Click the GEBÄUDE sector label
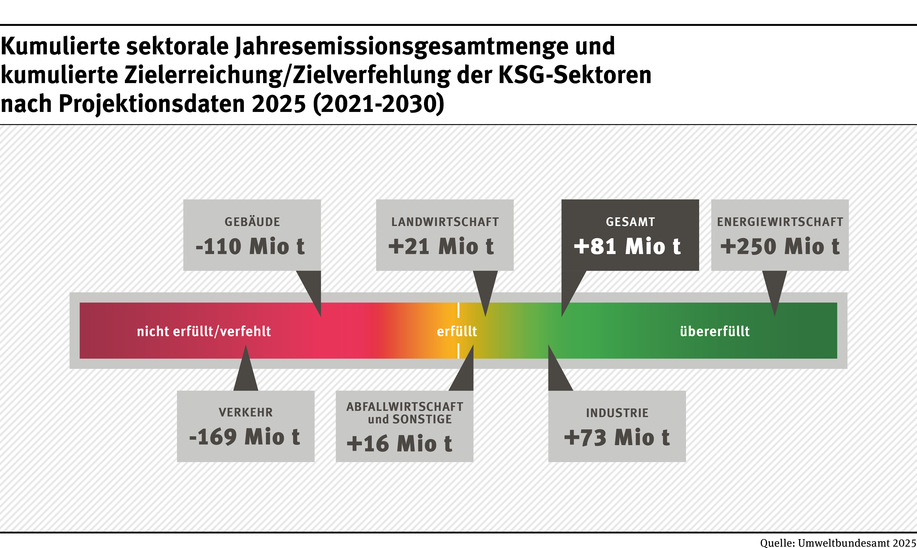(252, 222)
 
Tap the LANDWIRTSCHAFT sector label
(445, 222)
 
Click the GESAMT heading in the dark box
(630, 222)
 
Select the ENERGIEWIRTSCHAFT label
(780, 222)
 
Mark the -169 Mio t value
(244, 437)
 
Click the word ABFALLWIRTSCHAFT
(405, 407)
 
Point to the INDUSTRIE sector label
(617, 413)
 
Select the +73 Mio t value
(617, 438)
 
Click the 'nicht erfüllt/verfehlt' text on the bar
(204, 331)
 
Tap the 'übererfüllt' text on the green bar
(715, 331)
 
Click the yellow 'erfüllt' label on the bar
(457, 331)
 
